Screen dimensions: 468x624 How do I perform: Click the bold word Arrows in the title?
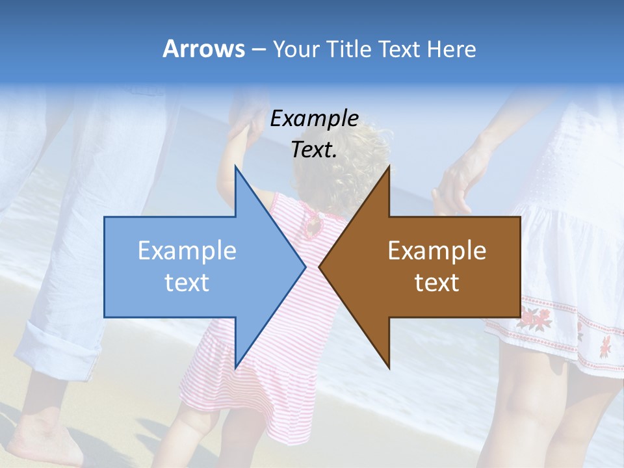click(203, 49)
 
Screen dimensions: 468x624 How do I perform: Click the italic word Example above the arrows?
click(315, 118)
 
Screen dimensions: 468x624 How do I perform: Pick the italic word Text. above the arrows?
click(315, 149)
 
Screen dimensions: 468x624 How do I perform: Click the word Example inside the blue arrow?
click(187, 250)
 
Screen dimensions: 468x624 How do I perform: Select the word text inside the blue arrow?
click(187, 282)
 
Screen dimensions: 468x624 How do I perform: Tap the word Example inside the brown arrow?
click(437, 250)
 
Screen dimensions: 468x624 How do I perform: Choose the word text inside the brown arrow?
click(437, 282)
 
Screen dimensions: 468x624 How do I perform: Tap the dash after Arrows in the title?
click(257, 50)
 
